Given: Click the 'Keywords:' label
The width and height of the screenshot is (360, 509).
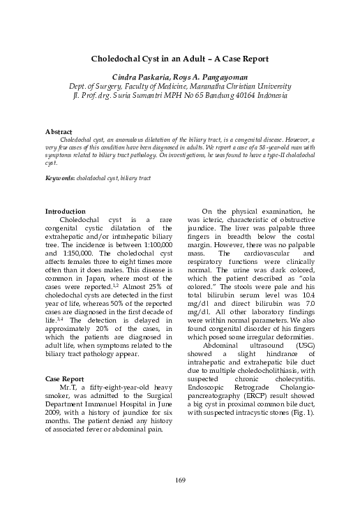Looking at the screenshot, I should click(x=60, y=179).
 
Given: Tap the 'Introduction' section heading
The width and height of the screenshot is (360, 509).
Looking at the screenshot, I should click(x=65, y=212).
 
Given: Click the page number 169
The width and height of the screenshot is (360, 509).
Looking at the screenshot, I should click(x=179, y=479).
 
